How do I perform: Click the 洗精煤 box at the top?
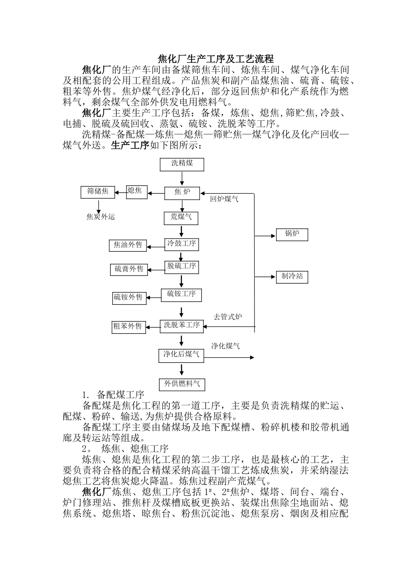pyautogui.click(x=182, y=164)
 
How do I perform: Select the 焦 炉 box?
pyautogui.click(x=182, y=192)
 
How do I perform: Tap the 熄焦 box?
pyautogui.click(x=136, y=191)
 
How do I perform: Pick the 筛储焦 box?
pyautogui.click(x=98, y=192)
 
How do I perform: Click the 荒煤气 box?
pyautogui.click(x=181, y=217)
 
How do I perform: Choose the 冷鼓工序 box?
pyautogui.click(x=182, y=244)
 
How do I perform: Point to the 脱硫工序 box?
pyautogui.click(x=182, y=267)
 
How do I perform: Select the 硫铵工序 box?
pyautogui.click(x=182, y=294)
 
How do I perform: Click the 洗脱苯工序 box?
pyautogui.click(x=182, y=326)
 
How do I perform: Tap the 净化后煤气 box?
pyautogui.click(x=182, y=355)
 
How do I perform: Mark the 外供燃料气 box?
pyautogui.click(x=182, y=384)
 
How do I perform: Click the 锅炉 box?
pyautogui.click(x=292, y=235)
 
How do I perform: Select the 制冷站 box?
pyautogui.click(x=292, y=277)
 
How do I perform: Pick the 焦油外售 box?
pyautogui.click(x=128, y=246)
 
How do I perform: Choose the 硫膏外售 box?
pyautogui.click(x=129, y=270)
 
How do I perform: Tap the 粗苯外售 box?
pyautogui.click(x=128, y=327)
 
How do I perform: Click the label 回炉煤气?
pyautogui.click(x=224, y=200)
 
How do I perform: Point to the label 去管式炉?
pyautogui.click(x=228, y=317)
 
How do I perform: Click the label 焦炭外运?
pyautogui.click(x=101, y=217)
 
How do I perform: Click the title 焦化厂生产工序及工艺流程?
pyautogui.click(x=215, y=59)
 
